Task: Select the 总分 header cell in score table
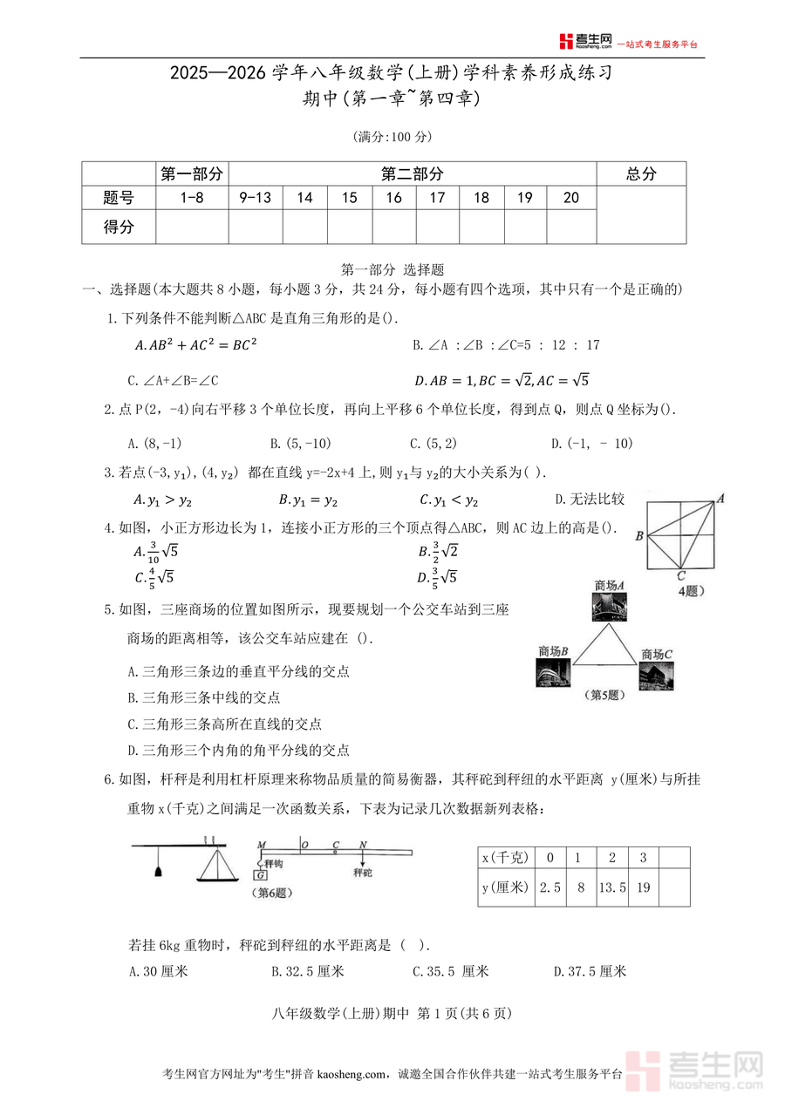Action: click(641, 174)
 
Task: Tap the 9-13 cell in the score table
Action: click(256, 198)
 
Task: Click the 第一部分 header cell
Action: click(192, 174)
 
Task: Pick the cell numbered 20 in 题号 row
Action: click(571, 198)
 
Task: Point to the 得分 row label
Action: click(119, 228)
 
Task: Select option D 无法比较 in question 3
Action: click(590, 500)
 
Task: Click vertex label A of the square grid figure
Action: click(720, 499)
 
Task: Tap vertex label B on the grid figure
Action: click(639, 536)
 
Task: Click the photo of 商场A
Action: click(609, 607)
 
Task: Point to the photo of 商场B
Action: click(553, 672)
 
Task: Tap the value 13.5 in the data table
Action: click(612, 888)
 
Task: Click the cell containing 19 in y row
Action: click(643, 888)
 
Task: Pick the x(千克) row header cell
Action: click(506, 858)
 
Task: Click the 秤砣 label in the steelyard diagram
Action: click(364, 872)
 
